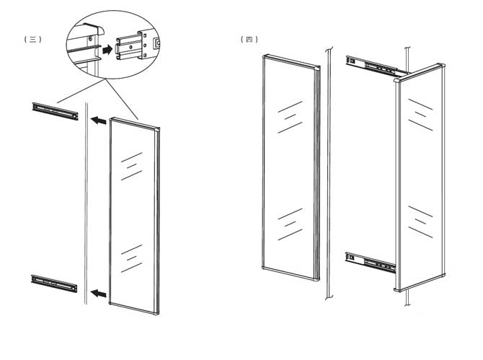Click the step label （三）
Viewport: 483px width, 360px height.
click(32, 39)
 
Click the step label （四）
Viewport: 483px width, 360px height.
click(249, 39)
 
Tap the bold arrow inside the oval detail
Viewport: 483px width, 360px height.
click(107, 49)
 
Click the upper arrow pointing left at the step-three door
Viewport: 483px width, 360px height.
click(99, 120)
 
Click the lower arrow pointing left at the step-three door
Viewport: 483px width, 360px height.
click(99, 293)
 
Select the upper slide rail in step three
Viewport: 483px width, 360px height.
click(55, 111)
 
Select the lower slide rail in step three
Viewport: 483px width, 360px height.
click(54, 284)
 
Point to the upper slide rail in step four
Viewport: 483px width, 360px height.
click(377, 66)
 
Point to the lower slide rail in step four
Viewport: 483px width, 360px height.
click(371, 263)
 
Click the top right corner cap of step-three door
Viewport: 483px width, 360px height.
click(157, 129)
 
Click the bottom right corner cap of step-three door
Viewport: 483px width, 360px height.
click(156, 312)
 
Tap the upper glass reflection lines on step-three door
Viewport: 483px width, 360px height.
click(131, 166)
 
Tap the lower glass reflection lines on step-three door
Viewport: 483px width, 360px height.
click(131, 258)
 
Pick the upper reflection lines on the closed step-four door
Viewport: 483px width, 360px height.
click(290, 117)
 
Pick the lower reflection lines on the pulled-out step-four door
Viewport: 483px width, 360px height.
click(420, 222)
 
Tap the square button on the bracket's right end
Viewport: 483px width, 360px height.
click(157, 43)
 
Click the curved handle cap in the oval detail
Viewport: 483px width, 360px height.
click(94, 28)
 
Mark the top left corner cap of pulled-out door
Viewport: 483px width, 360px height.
click(396, 81)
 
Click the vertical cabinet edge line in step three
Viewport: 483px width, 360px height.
click(87, 203)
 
